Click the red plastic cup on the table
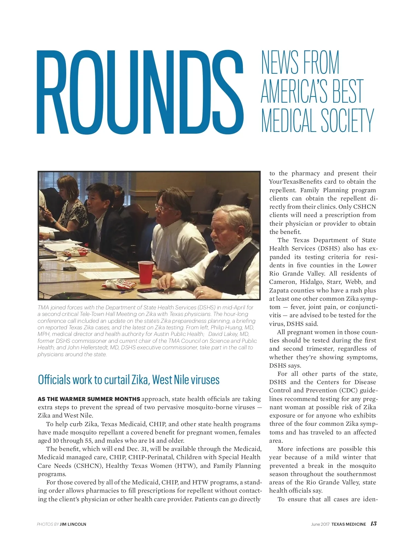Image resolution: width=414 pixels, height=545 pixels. [x=146, y=272]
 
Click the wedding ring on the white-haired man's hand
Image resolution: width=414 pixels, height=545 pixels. [x=202, y=292]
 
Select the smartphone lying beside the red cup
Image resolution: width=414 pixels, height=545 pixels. [x=151, y=290]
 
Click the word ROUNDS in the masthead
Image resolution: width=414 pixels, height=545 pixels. [x=140, y=92]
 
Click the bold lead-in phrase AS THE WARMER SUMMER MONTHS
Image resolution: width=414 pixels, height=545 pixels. [x=89, y=399]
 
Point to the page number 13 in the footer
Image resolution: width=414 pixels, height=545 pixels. [x=373, y=524]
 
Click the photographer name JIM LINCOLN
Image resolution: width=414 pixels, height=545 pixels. [x=73, y=524]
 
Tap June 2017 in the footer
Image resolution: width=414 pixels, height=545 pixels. [x=320, y=524]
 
